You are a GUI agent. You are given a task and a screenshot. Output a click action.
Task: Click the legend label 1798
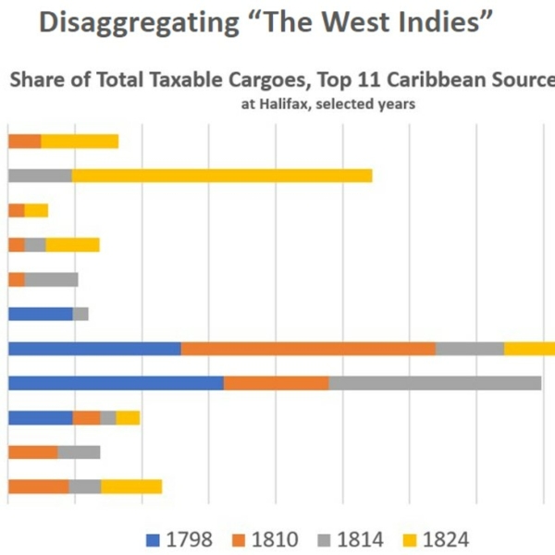tap(191, 538)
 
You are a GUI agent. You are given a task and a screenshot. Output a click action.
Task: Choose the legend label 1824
tap(448, 538)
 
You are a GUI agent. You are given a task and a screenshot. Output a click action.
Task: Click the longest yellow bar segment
tap(222, 176)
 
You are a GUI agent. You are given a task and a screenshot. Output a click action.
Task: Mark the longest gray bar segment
tap(435, 383)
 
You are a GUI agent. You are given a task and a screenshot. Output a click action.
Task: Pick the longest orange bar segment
tap(308, 349)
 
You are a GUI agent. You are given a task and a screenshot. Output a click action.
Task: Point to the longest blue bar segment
tap(116, 383)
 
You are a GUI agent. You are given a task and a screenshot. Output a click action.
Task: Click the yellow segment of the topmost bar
tap(80, 141)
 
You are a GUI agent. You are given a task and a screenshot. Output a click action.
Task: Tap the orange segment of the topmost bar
tap(24, 141)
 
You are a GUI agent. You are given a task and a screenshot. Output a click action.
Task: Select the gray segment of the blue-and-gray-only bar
tap(80, 314)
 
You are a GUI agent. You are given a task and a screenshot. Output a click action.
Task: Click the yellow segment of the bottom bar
tap(131, 487)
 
